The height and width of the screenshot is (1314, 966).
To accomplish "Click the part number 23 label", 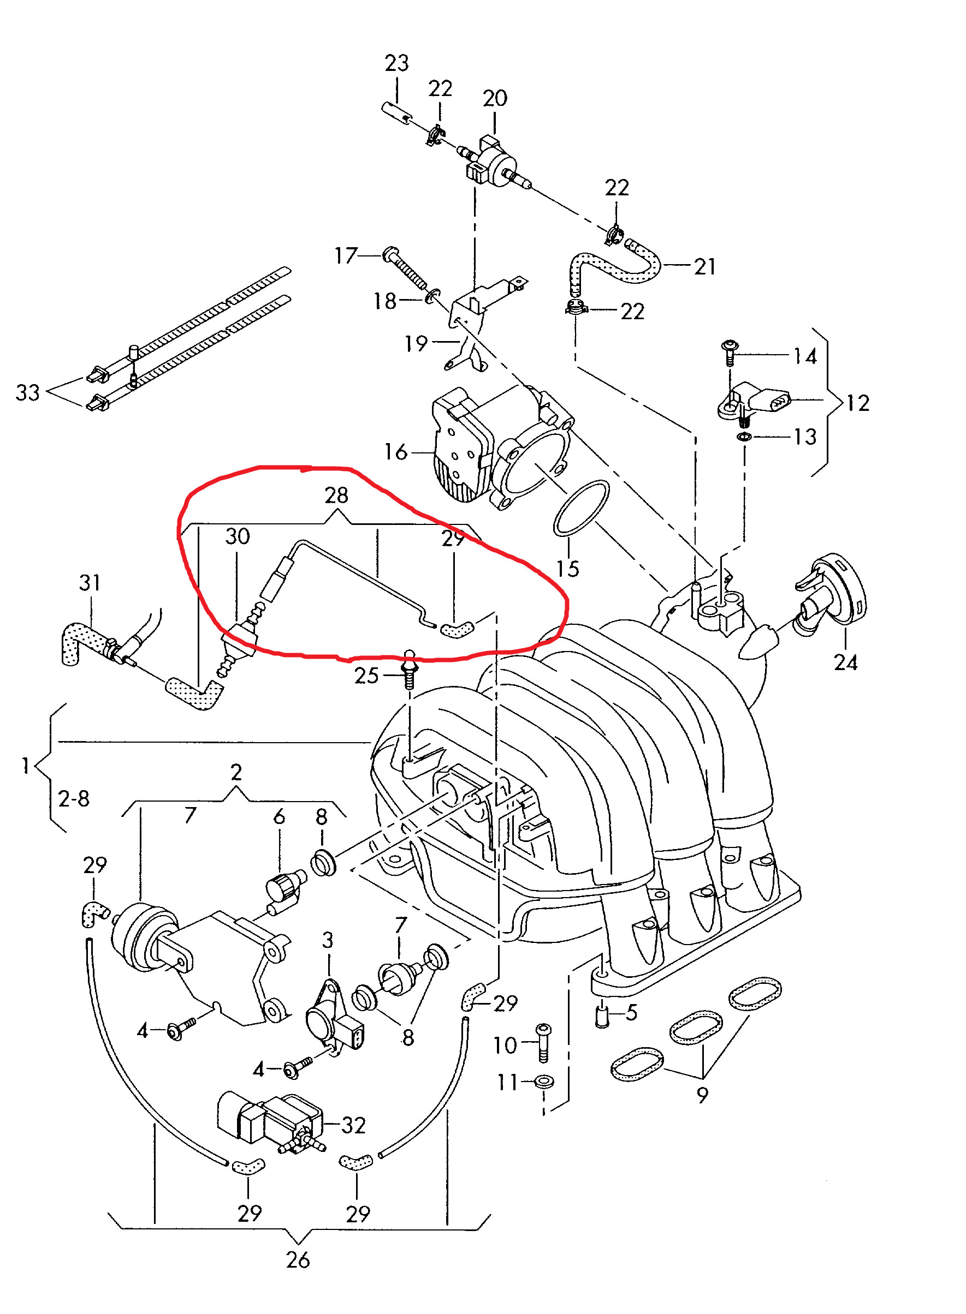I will click(396, 63).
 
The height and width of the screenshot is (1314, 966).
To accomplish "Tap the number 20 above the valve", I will click(495, 98).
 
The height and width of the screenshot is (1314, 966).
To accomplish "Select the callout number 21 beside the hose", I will click(704, 266).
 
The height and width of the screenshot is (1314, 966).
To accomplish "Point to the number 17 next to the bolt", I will click(346, 255).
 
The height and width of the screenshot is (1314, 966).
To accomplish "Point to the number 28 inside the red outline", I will click(336, 495).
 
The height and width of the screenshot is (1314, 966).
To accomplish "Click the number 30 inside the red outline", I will click(238, 536).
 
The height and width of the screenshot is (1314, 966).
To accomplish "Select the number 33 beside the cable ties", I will click(27, 393).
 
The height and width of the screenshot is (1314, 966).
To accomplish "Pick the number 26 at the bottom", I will click(298, 1259).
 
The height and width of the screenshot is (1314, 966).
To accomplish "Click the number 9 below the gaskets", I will click(702, 1094).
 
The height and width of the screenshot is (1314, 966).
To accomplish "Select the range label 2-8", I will click(74, 798).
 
